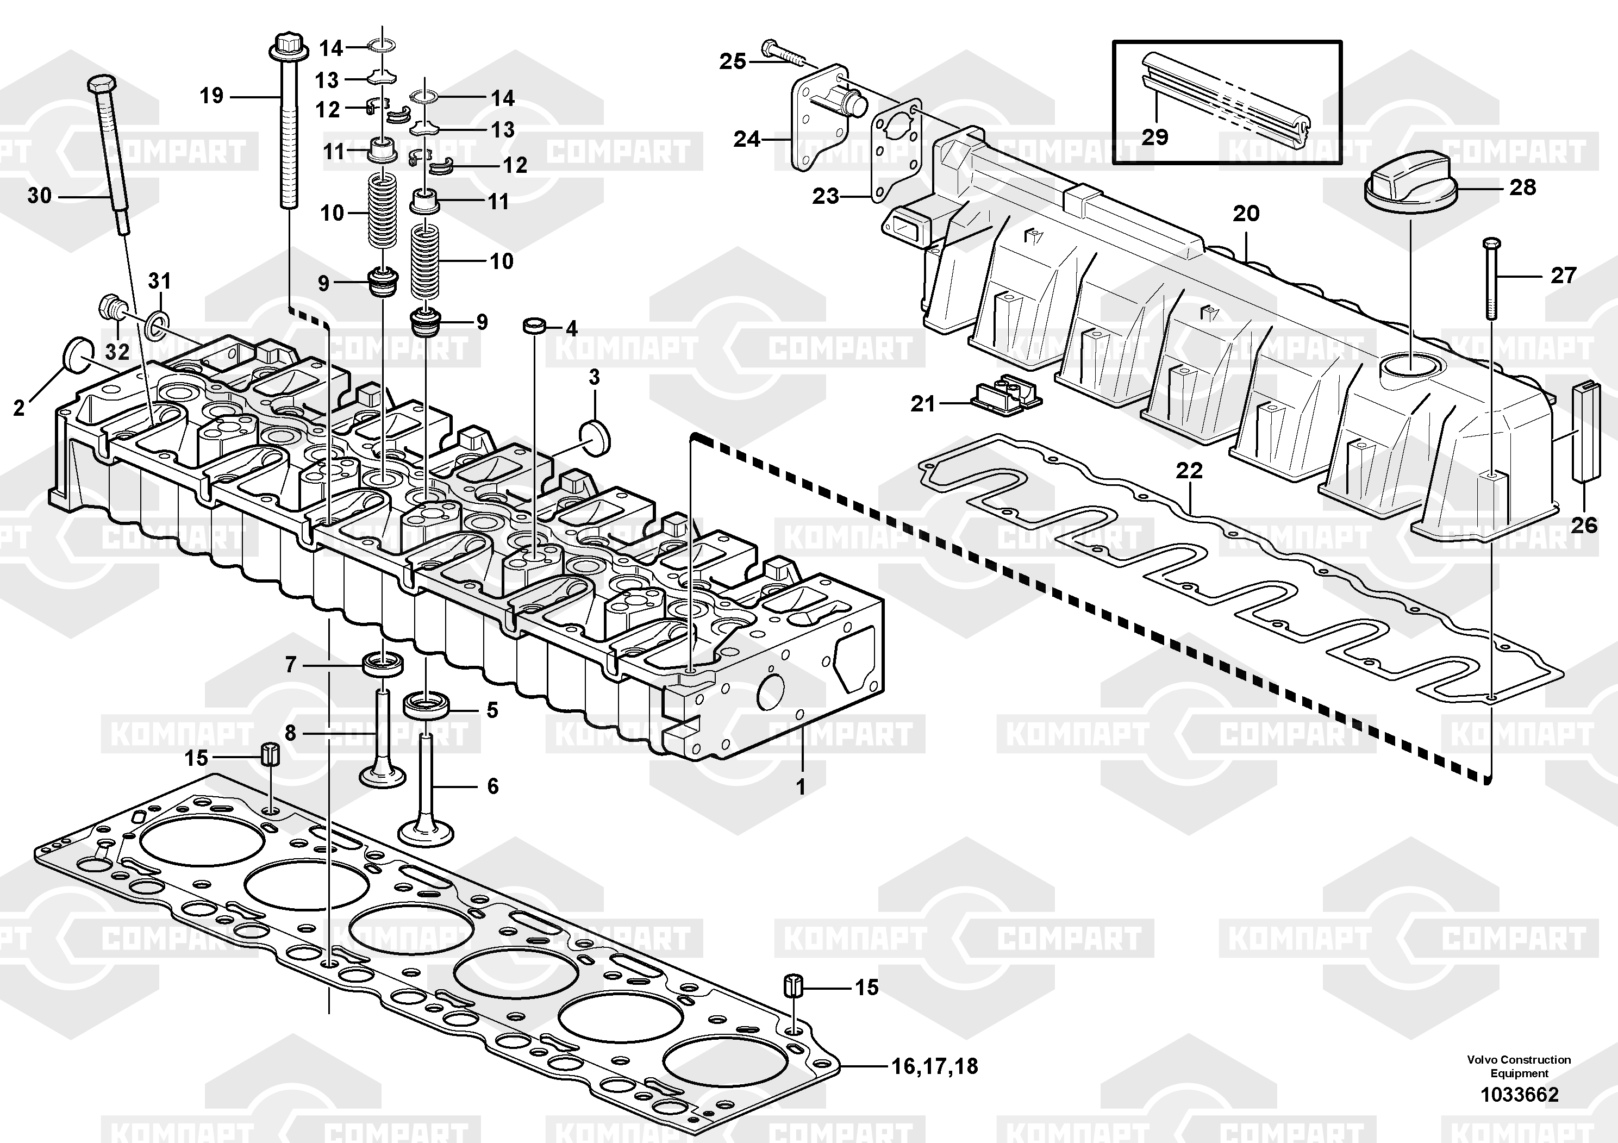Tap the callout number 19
[x=211, y=96]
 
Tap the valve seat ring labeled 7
[x=383, y=663]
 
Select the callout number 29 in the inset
[x=1155, y=137]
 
